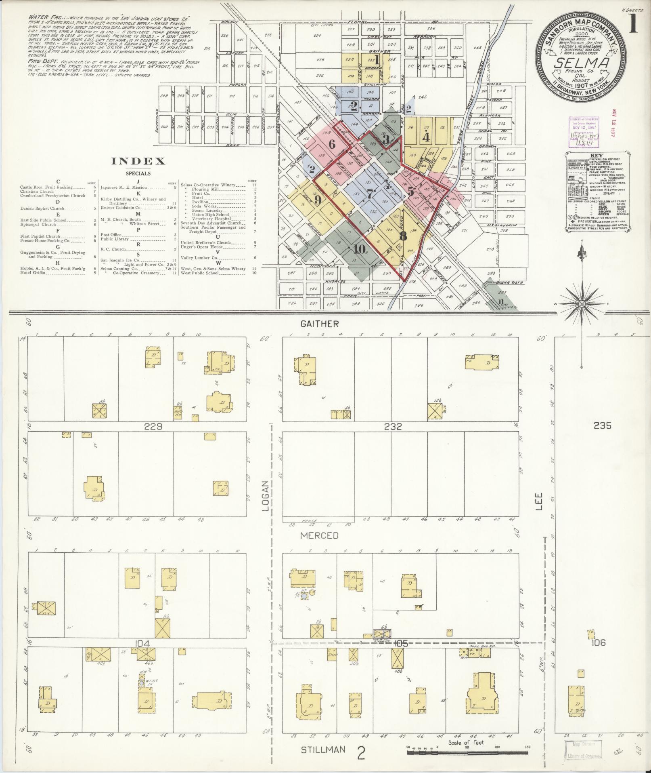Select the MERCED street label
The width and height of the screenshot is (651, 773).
319,535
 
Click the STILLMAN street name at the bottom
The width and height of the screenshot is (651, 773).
323,750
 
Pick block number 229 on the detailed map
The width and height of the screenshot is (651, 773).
154,426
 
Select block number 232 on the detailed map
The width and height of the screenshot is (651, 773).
393,426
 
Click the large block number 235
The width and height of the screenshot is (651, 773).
602,425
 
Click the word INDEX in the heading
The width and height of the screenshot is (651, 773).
138,161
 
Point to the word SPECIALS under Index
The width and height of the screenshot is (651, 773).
138,174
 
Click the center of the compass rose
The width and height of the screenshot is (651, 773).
582,303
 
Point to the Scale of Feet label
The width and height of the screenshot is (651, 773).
466,743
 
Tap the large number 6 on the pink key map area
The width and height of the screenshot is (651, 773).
332,144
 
